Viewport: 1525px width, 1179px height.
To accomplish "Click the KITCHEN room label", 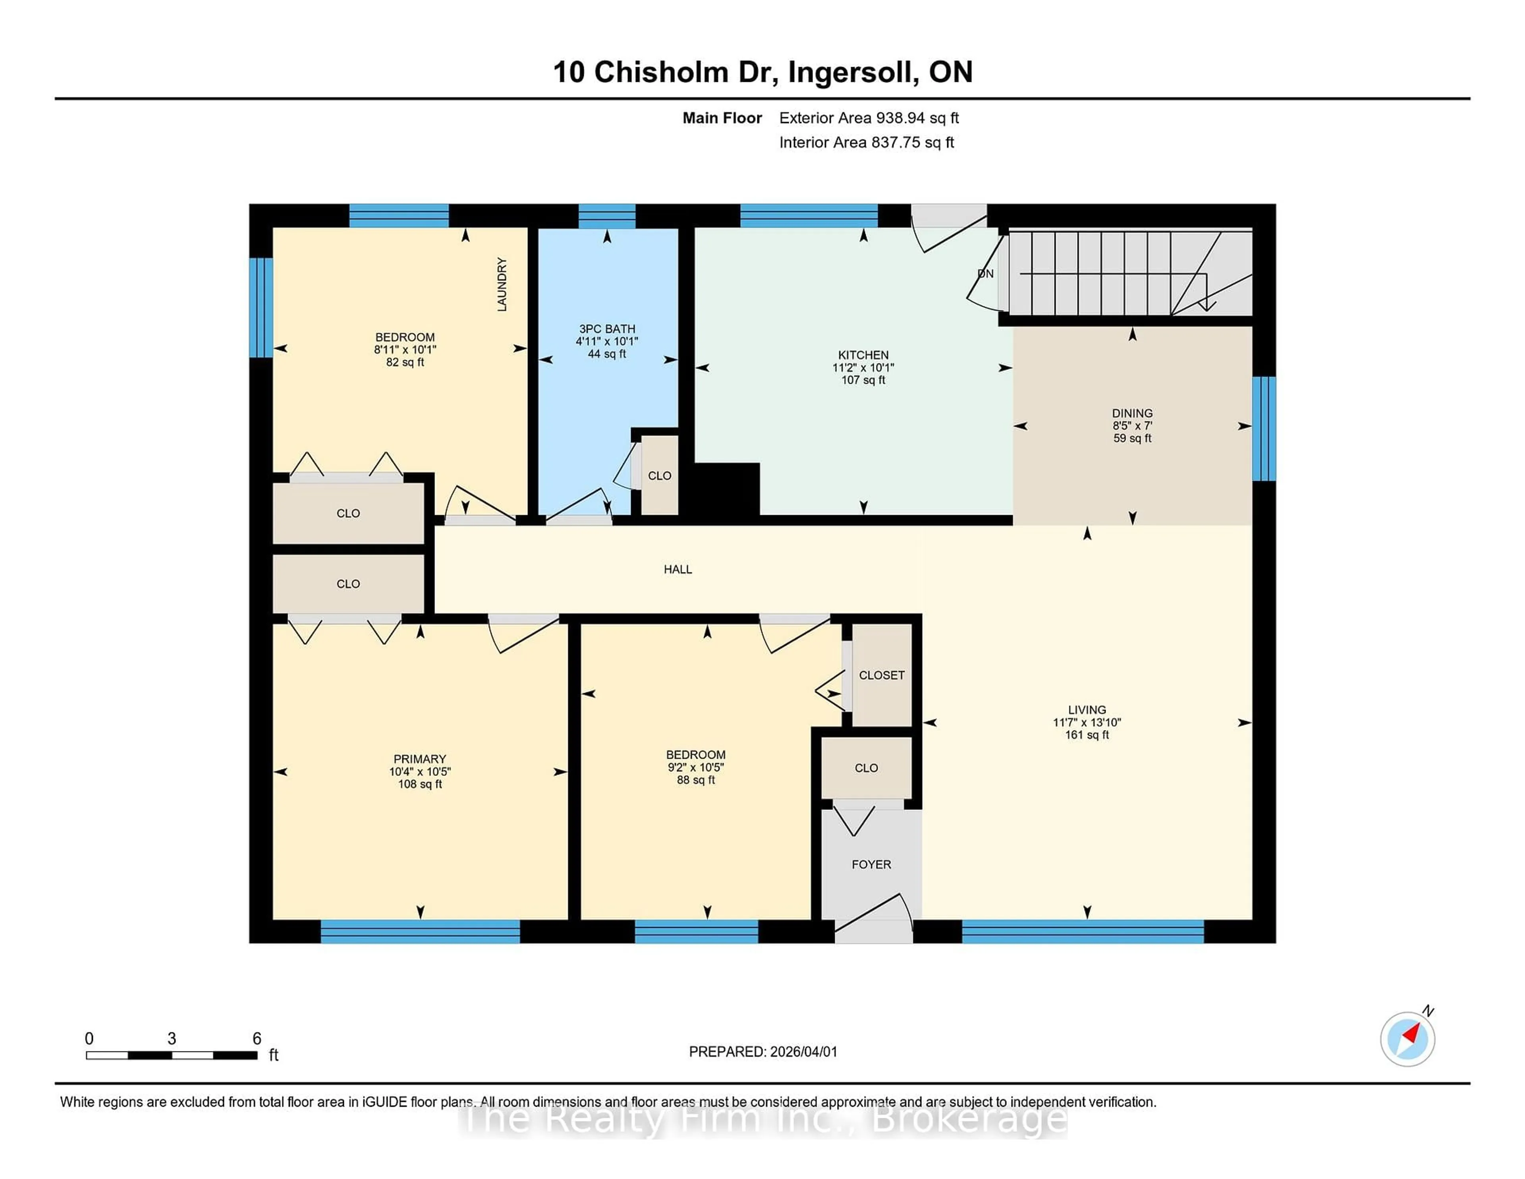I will tap(863, 355).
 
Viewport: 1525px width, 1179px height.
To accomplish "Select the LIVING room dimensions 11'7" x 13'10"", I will tap(1087, 722).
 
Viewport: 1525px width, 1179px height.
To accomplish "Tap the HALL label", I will tap(677, 569).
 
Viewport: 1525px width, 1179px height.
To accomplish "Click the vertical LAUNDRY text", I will tap(501, 284).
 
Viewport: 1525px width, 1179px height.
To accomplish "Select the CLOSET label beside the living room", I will tap(881, 675).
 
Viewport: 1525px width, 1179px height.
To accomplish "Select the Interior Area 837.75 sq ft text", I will tap(866, 143).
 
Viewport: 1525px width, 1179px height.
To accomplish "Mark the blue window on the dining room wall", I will tap(1263, 428).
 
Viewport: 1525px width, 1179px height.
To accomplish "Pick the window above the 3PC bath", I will tap(607, 216).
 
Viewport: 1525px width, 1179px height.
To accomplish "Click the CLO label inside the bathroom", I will tap(659, 475).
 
